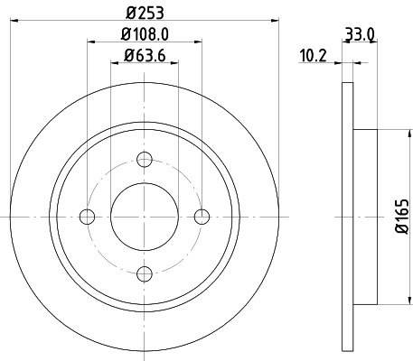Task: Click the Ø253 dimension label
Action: pyautogui.click(x=144, y=13)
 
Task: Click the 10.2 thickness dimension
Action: pyautogui.click(x=313, y=58)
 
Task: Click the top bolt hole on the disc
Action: pyautogui.click(x=144, y=160)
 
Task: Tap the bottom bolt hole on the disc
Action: pyautogui.click(x=144, y=273)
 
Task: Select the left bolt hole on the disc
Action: pyautogui.click(x=88, y=216)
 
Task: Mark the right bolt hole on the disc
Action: pyautogui.click(x=202, y=216)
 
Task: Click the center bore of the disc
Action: pyautogui.click(x=144, y=216)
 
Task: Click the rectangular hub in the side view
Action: pyautogui.click(x=363, y=216)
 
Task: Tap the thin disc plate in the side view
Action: pyautogui.click(x=348, y=216)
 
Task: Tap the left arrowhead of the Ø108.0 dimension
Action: pyautogui.click(x=91, y=41)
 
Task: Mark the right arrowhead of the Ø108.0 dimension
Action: pyautogui.click(x=198, y=41)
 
